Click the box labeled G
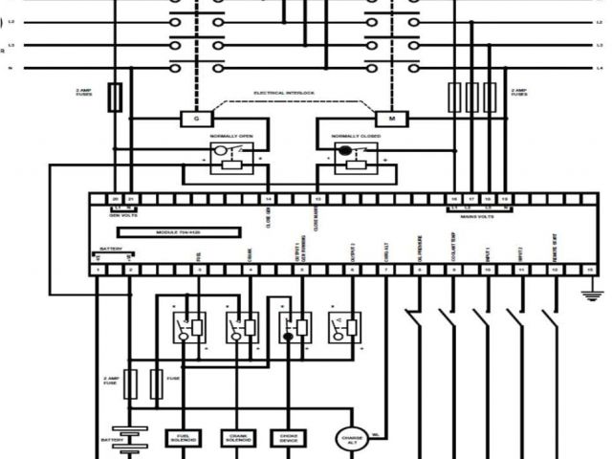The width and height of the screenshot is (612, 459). pos(195,119)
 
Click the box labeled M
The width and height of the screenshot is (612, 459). pos(390,119)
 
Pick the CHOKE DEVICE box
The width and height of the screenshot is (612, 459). pos(289,438)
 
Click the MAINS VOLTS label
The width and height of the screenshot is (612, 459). pos(478,216)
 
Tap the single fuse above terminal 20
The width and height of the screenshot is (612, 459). pos(115,95)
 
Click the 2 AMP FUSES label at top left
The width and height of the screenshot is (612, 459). pos(84,93)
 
